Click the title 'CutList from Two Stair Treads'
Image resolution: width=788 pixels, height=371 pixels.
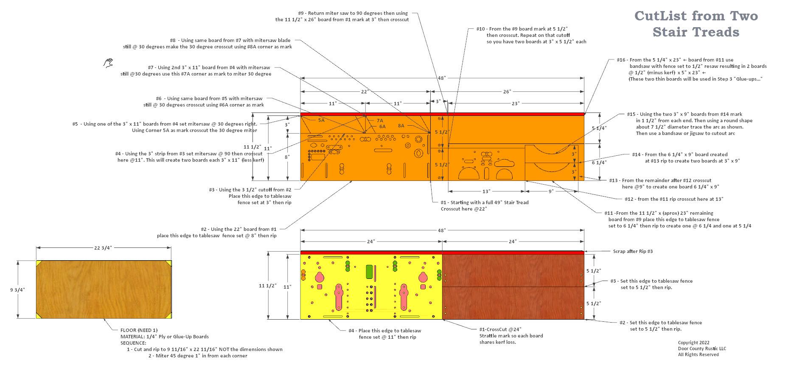(x=696, y=24)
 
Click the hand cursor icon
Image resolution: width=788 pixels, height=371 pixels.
(x=108, y=63)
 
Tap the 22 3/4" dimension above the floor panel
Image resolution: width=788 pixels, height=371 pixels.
(x=103, y=248)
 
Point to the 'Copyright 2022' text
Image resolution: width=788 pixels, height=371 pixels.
(x=693, y=343)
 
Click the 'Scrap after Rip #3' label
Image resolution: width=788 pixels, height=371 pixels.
(x=633, y=251)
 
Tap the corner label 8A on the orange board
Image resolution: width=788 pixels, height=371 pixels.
(x=401, y=126)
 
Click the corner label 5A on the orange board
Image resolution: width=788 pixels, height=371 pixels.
(x=321, y=120)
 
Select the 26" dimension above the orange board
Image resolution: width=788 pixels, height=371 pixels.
(x=507, y=92)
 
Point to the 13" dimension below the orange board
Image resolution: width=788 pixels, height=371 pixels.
(x=486, y=191)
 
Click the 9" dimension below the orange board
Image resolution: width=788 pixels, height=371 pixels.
(x=551, y=191)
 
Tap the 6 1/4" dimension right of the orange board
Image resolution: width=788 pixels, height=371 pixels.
(x=599, y=162)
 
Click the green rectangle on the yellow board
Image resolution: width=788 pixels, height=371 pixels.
(x=369, y=272)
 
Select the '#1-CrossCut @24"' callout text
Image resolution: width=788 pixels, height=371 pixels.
(x=497, y=329)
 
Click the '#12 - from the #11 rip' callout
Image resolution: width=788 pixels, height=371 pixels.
(x=673, y=199)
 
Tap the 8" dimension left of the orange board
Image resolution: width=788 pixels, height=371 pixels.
(x=287, y=157)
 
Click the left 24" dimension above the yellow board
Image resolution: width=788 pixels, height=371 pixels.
(x=371, y=242)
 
